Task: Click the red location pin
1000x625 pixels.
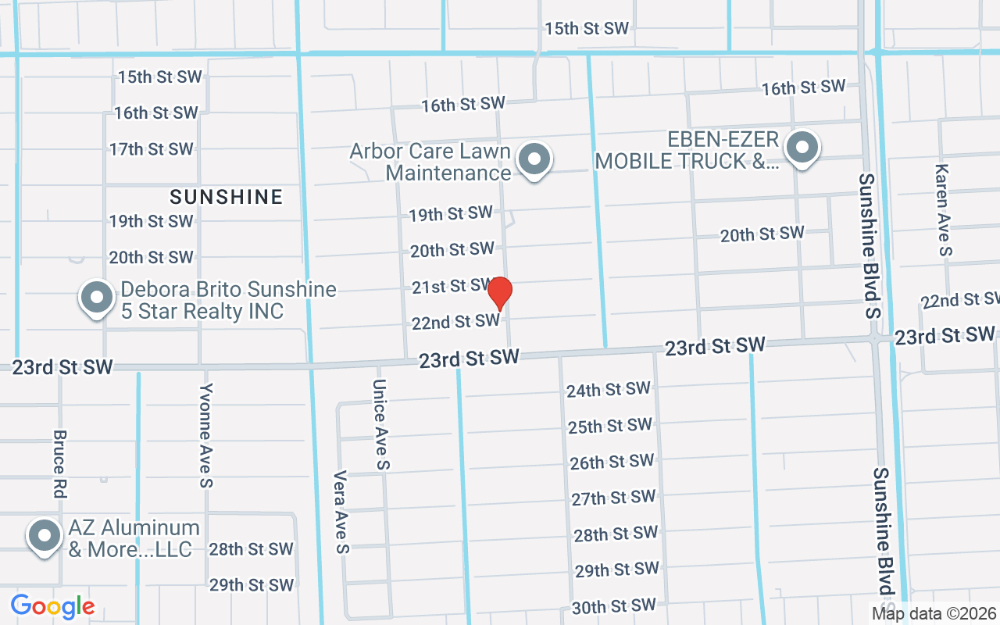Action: [x=500, y=293]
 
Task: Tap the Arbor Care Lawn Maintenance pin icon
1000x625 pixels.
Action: [x=534, y=159]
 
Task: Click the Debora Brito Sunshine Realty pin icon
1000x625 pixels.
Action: [x=97, y=298]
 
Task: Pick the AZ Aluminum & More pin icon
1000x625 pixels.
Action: [x=45, y=535]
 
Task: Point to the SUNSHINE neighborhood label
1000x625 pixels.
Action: [x=227, y=197]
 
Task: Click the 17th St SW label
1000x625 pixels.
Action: [x=151, y=148]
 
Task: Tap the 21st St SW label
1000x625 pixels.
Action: [x=452, y=287]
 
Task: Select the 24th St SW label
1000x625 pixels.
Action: [x=609, y=389]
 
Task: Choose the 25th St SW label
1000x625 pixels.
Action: [x=610, y=426]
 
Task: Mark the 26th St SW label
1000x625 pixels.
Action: [x=612, y=462]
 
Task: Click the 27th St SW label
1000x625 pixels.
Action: [x=613, y=498]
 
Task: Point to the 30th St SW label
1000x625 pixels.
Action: [x=614, y=606]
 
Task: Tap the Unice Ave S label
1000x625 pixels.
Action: [x=380, y=425]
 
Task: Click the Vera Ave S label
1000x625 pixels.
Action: [x=341, y=511]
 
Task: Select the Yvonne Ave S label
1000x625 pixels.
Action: [x=205, y=435]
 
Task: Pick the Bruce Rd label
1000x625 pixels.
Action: [x=60, y=464]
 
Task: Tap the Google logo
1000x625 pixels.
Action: [x=52, y=606]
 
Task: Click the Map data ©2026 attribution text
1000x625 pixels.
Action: [x=934, y=613]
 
